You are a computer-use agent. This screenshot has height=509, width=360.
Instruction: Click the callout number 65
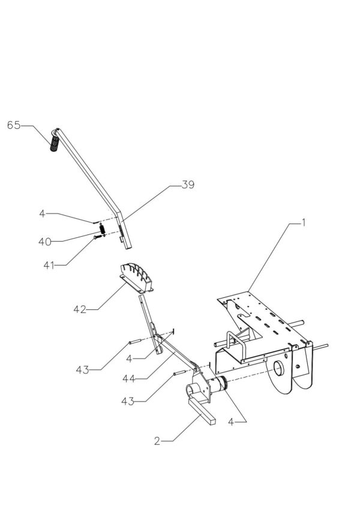pos(13,125)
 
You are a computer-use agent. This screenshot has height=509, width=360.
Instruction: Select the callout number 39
pos(188,186)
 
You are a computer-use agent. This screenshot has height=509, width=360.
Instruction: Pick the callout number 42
pos(80,309)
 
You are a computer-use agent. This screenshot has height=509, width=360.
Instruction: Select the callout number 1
pos(304,222)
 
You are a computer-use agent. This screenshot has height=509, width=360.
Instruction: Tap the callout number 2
pos(157,441)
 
